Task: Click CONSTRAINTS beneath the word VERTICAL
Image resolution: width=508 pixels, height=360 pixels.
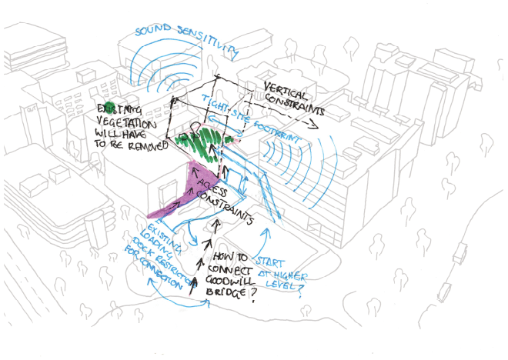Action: (293, 107)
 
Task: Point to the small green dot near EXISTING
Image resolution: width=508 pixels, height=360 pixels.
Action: (110, 106)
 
